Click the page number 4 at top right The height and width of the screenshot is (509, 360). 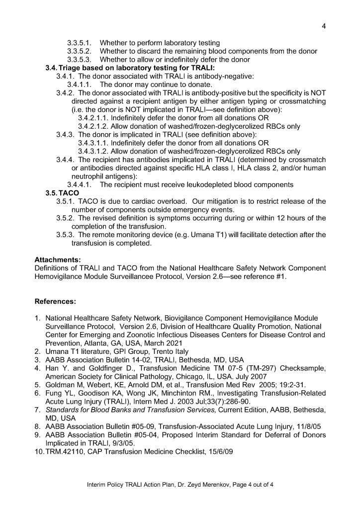point(323,27)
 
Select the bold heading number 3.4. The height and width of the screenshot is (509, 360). point(51,68)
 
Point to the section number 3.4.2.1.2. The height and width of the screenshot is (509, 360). point(93,126)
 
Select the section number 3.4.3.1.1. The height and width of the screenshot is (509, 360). point(93,143)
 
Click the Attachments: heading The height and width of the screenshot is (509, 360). point(57,259)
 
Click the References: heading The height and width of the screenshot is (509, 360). point(55,302)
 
